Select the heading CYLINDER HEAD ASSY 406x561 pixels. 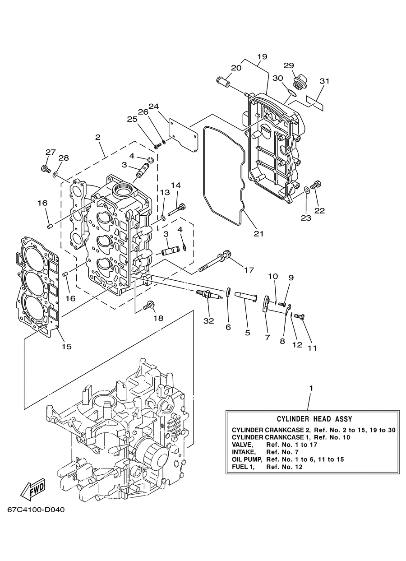(314, 419)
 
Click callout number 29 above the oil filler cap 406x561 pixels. (289, 65)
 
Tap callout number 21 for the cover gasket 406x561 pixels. (258, 234)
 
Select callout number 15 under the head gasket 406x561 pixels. (67, 347)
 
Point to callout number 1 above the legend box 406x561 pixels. (311, 388)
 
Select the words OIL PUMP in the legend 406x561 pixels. (247, 459)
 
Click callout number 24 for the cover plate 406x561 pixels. (154, 106)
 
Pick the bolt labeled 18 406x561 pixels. (149, 305)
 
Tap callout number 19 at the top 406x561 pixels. (262, 56)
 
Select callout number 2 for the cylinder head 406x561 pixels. (97, 137)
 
